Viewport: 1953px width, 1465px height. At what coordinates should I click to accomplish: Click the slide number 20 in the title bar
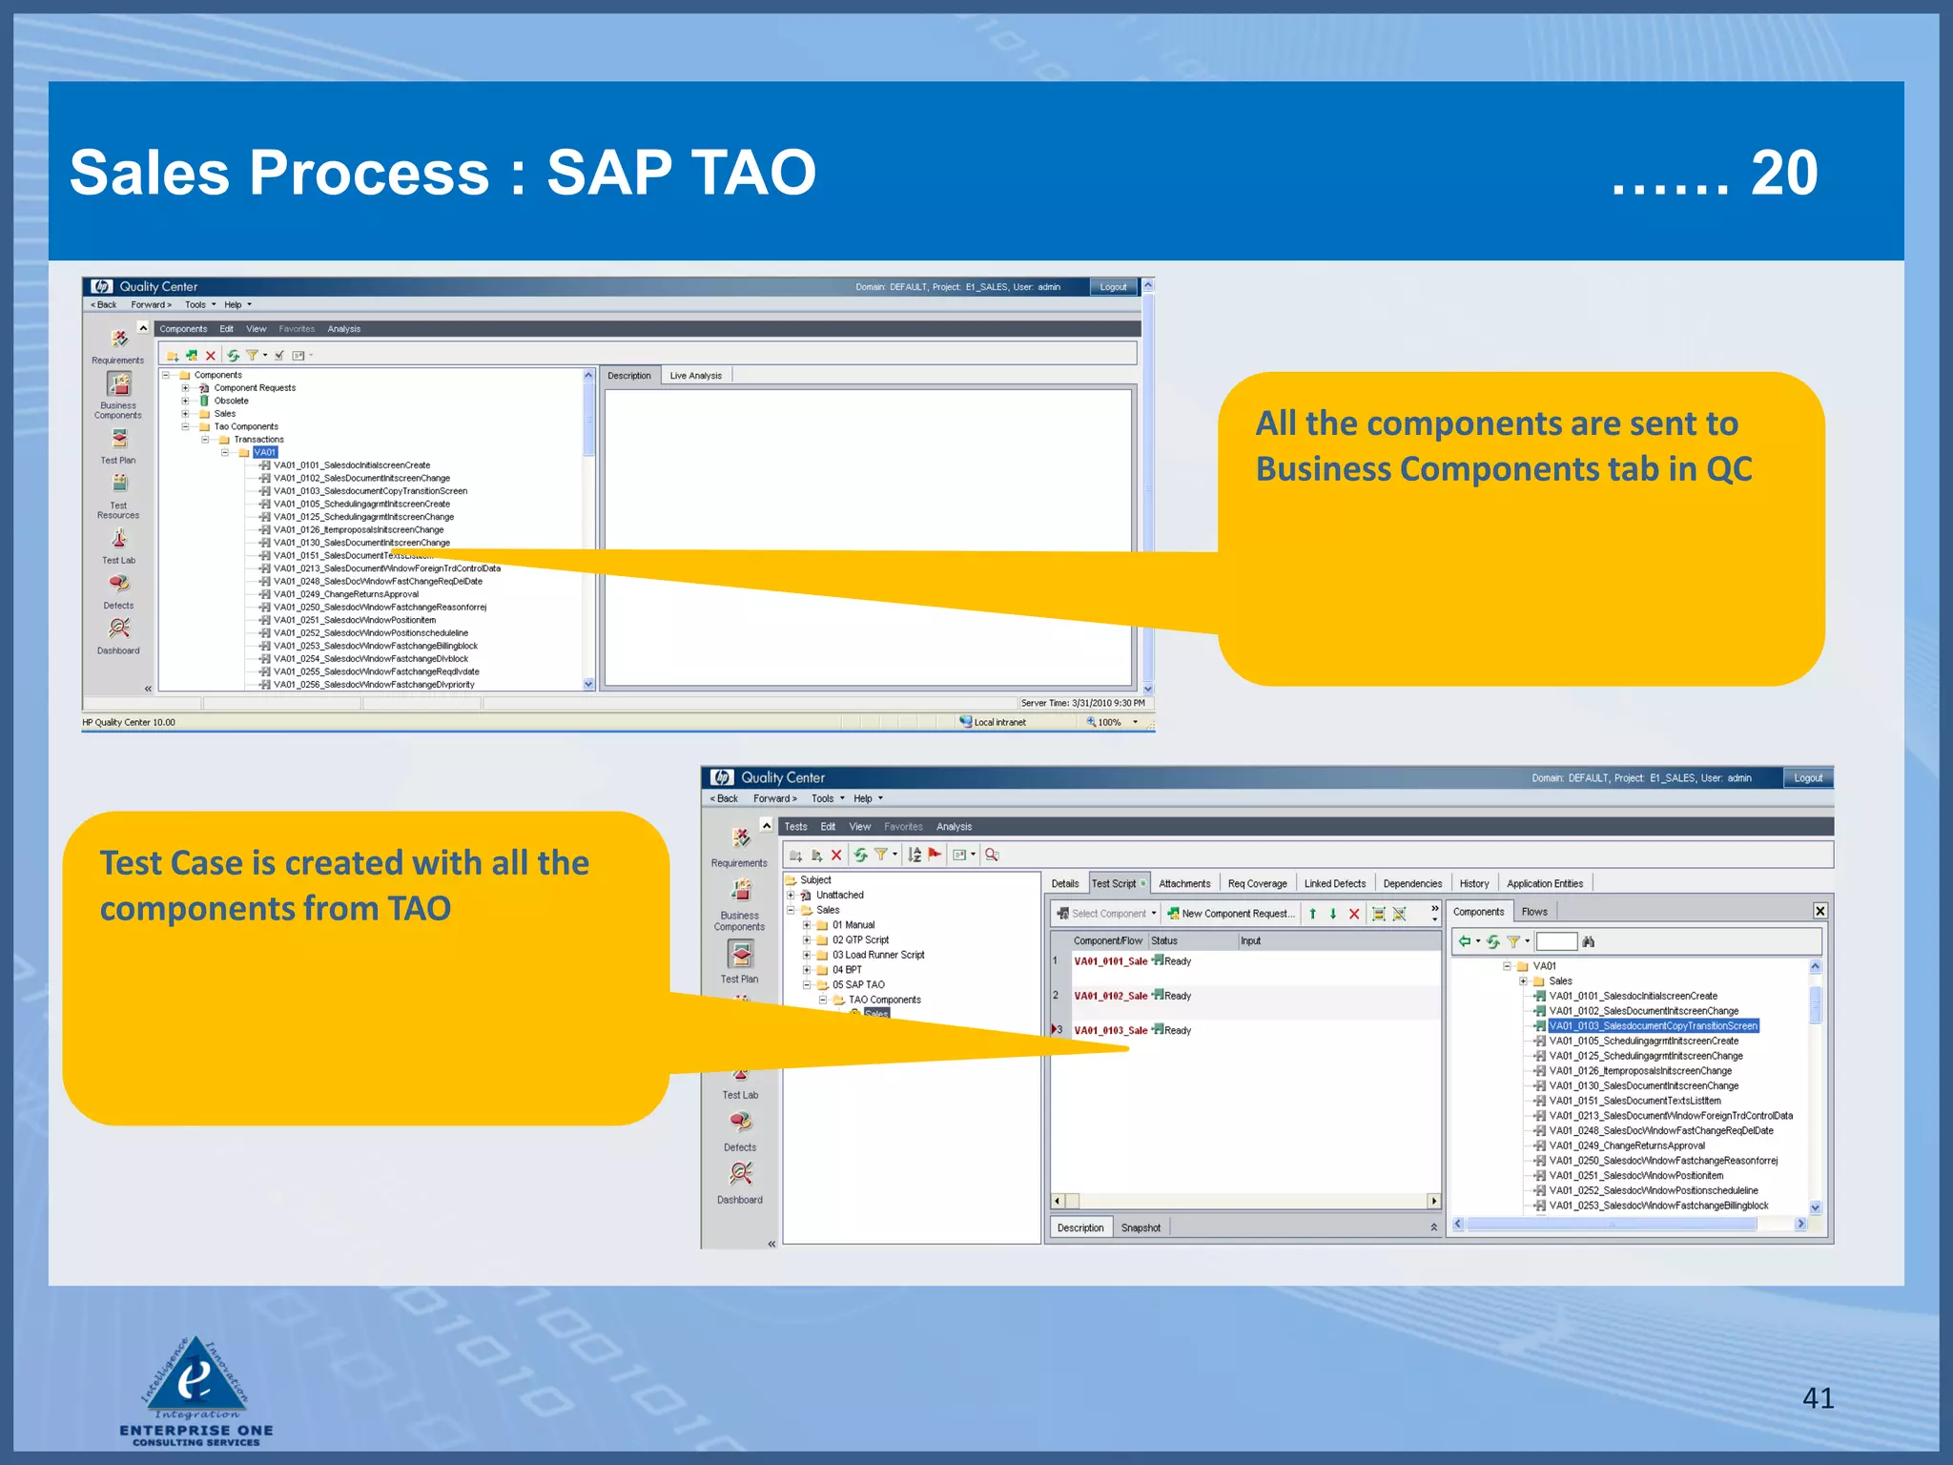pos(1783,174)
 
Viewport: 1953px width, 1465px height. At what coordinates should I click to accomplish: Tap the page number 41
pos(1818,1398)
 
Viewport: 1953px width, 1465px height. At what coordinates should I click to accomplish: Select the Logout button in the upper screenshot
pos(1113,287)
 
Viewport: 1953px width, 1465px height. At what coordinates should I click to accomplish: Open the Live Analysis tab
pos(695,376)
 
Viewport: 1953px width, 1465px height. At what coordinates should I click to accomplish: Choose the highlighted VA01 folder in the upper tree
pos(265,452)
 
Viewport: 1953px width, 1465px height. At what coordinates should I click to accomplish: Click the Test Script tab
pos(1114,884)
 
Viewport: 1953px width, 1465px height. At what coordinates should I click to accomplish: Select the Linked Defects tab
pos(1334,884)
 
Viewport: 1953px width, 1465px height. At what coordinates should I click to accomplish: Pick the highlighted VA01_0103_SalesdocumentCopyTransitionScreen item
pos(1652,1026)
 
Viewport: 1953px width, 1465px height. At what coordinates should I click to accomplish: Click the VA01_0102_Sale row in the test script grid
pos(1110,996)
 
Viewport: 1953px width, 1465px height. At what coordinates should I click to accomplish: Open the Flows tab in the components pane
pos(1533,912)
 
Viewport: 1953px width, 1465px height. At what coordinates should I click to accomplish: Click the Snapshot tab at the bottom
pos(1141,1228)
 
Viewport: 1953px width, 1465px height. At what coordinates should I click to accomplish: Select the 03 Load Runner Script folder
pos(877,955)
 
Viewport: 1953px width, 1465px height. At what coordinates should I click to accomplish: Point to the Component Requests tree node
pos(254,388)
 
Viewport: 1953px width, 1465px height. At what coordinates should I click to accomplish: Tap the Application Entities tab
pos(1544,884)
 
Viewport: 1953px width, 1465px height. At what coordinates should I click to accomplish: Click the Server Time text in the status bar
pos(1082,703)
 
